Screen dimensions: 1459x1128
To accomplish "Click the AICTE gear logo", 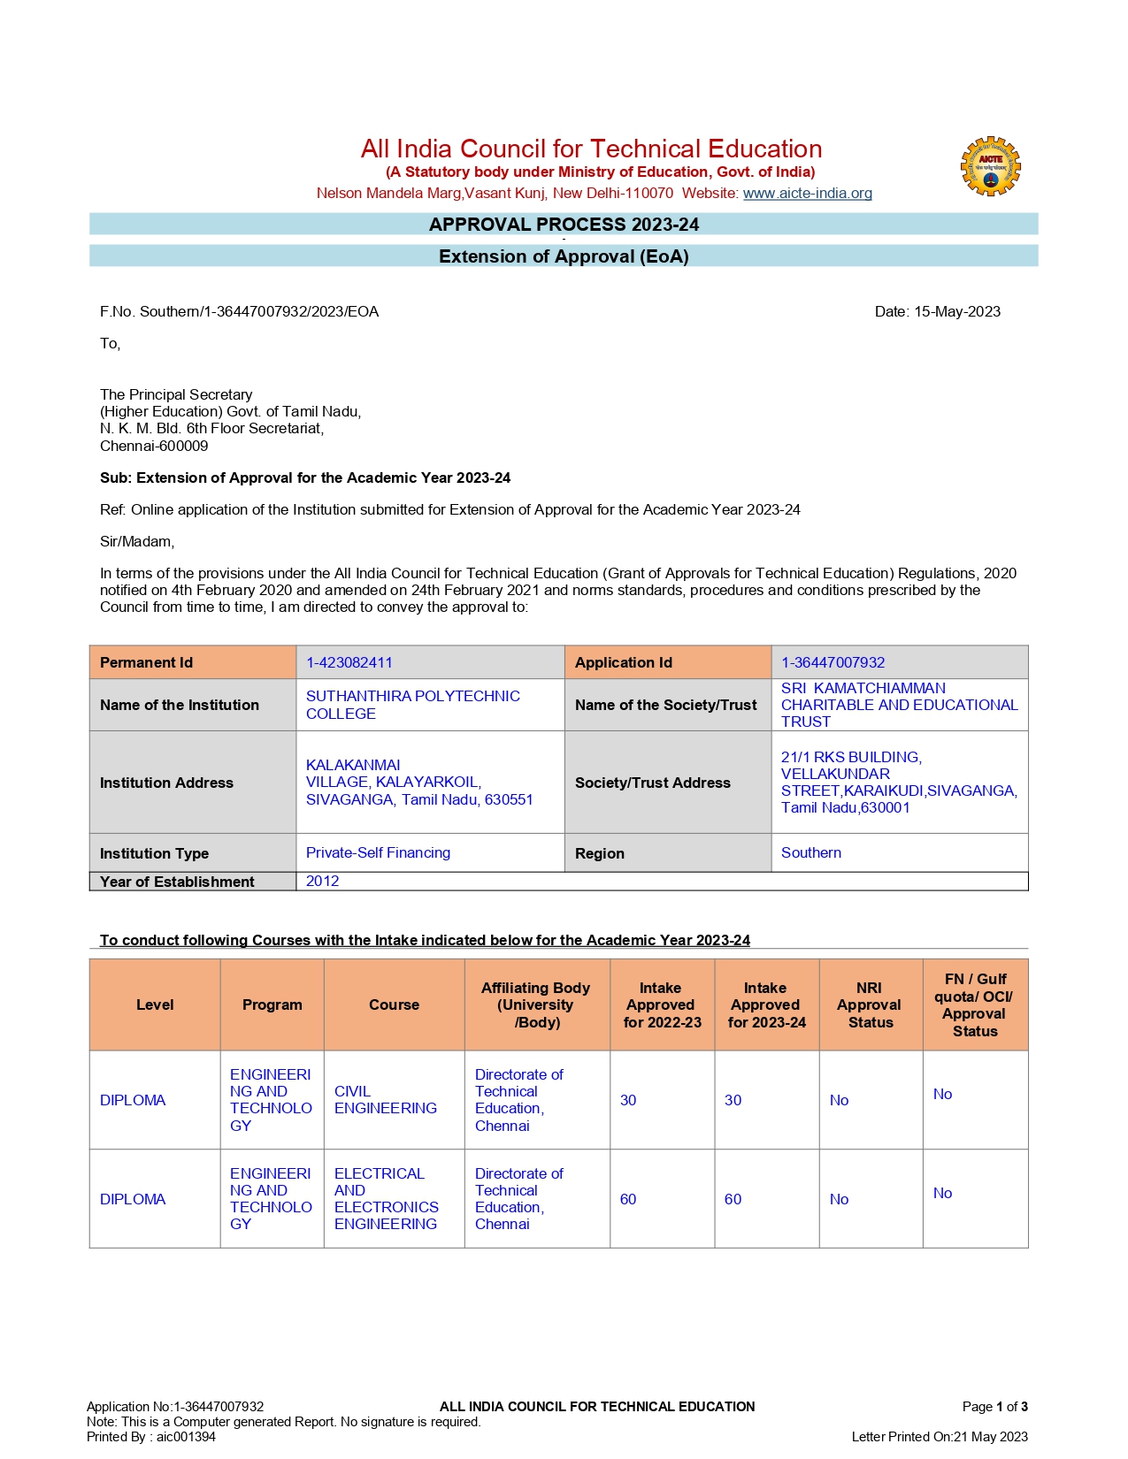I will [991, 166].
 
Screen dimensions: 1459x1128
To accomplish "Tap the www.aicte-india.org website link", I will [807, 193].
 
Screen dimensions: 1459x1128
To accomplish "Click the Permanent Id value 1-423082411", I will [349, 662].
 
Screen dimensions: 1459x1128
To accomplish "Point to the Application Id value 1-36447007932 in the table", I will [833, 662].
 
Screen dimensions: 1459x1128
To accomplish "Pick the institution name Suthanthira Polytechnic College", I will [412, 705].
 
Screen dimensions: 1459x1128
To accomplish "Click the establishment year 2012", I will [322, 881].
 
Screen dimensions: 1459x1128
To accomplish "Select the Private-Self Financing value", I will [378, 852].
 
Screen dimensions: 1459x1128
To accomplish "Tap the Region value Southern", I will [810, 852].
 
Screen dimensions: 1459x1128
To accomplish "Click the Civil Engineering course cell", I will [385, 1100].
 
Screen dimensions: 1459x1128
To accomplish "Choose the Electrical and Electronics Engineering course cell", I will [386, 1198].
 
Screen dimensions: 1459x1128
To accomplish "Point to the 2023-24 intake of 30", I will [733, 1100].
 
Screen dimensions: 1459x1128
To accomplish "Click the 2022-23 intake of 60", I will [628, 1199].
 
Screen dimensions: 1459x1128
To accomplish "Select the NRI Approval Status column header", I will [870, 1004].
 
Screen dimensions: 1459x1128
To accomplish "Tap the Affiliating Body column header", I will [536, 1004].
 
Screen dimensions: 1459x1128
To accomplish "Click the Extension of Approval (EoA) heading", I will [564, 256].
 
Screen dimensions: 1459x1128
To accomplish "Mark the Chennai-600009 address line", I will [154, 446].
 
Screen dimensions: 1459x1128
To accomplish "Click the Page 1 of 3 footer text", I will [994, 1406].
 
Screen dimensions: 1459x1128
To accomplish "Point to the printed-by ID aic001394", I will [186, 1436].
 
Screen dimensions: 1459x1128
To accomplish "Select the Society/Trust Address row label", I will [652, 783].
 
